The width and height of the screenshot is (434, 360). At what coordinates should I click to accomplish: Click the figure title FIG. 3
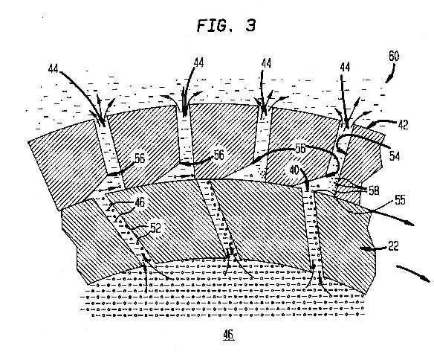point(226,26)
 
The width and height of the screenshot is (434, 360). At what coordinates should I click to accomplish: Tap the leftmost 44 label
point(54,68)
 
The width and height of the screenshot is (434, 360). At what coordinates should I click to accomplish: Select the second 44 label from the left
point(198,63)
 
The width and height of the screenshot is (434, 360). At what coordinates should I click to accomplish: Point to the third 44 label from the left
point(266,64)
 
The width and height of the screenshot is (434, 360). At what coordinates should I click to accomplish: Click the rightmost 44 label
point(345,67)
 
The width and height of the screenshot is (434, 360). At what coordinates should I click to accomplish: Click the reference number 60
point(394,56)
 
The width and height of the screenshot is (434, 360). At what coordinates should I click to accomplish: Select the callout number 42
point(403,125)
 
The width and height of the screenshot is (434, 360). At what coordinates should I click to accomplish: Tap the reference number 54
point(395,156)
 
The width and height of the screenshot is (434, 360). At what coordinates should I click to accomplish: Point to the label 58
point(374,190)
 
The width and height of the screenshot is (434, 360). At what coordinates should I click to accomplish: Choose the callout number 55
point(400,199)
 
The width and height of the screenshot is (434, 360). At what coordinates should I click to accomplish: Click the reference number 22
point(393,246)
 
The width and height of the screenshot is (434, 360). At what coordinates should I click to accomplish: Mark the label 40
point(294,170)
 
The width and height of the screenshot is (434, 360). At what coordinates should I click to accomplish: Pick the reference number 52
point(155,228)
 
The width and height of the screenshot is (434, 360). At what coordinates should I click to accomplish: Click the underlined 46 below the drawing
point(228,335)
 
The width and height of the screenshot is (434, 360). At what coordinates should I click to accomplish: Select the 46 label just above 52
point(140,202)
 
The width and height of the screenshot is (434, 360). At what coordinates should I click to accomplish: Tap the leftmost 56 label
point(140,158)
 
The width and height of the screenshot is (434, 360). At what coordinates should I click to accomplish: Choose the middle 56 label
point(219,155)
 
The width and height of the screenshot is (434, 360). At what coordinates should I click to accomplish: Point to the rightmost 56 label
point(300,149)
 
